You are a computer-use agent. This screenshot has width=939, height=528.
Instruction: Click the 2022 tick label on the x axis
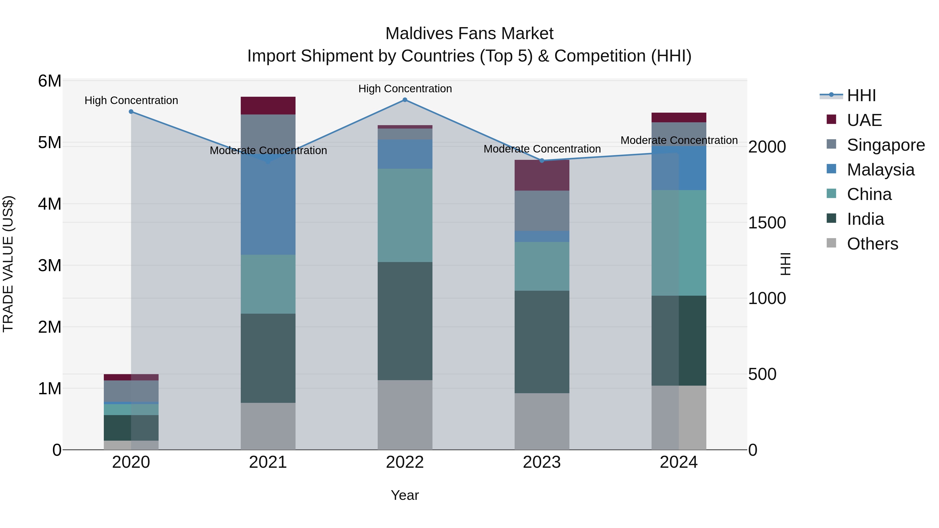405,462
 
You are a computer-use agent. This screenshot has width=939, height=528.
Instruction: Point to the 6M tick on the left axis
50,81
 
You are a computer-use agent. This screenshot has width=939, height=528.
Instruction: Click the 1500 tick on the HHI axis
767,223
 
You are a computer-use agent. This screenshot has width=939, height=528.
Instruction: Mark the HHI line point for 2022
405,100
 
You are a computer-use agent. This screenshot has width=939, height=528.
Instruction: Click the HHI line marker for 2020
131,112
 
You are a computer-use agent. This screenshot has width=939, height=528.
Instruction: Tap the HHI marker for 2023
542,161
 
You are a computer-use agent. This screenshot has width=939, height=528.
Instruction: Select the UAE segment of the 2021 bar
268,106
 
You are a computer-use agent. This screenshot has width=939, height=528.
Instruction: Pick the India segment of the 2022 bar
405,321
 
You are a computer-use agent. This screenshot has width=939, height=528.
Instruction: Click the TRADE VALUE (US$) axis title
8,264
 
